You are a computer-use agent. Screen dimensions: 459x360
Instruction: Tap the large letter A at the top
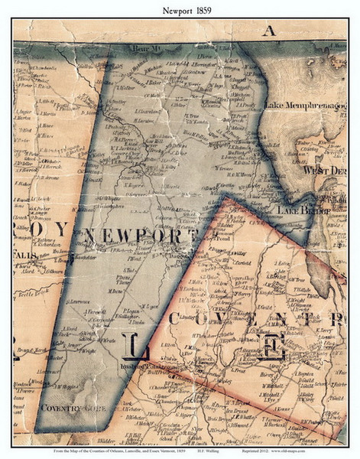267,31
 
